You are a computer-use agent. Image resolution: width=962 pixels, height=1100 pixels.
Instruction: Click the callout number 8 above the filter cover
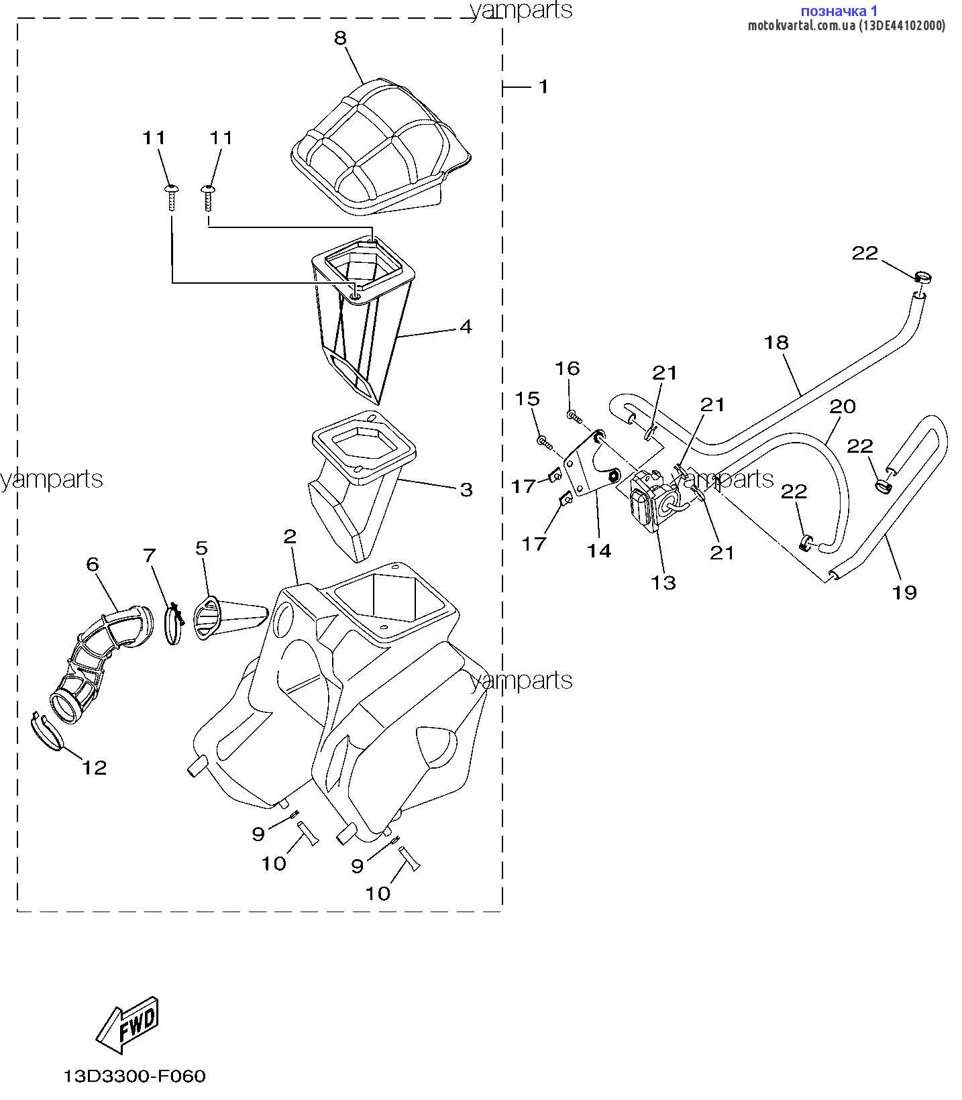340,38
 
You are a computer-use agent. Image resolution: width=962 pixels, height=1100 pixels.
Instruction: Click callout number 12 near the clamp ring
94,767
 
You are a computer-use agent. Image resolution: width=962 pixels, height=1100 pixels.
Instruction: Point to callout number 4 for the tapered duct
465,327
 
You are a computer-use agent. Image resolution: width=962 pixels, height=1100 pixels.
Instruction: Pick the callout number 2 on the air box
289,536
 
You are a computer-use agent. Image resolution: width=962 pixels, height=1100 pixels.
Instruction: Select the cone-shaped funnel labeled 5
228,614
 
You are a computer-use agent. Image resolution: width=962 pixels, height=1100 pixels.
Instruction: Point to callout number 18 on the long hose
776,342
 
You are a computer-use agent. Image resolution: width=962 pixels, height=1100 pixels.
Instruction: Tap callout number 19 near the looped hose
904,592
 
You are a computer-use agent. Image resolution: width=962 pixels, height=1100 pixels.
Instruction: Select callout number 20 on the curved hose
843,406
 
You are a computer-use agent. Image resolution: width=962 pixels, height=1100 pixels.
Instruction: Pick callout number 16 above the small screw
567,368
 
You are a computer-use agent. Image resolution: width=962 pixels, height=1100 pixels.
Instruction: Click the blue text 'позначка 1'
839,11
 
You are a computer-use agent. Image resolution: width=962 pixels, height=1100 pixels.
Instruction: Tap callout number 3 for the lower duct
466,490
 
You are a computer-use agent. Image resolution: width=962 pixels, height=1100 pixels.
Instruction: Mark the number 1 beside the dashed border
543,87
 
